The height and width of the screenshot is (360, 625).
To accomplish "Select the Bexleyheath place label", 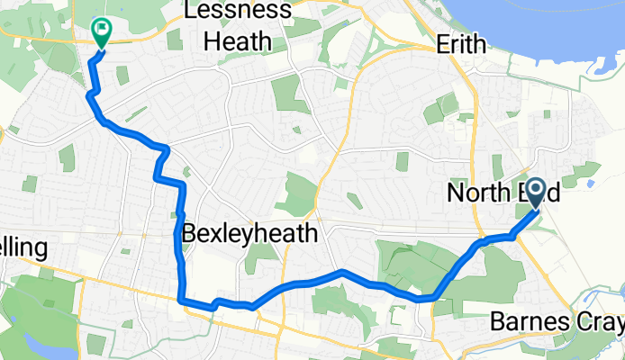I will coord(249,234).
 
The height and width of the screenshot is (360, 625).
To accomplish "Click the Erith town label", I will coord(460,44).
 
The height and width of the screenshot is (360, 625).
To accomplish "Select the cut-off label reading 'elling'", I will coord(22,248).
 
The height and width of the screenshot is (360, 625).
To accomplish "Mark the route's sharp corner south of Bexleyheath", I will coord(182,301).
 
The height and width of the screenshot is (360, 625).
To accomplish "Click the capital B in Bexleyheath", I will coord(189,234).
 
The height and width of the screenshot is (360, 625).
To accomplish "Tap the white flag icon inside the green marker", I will coord(102,28).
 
